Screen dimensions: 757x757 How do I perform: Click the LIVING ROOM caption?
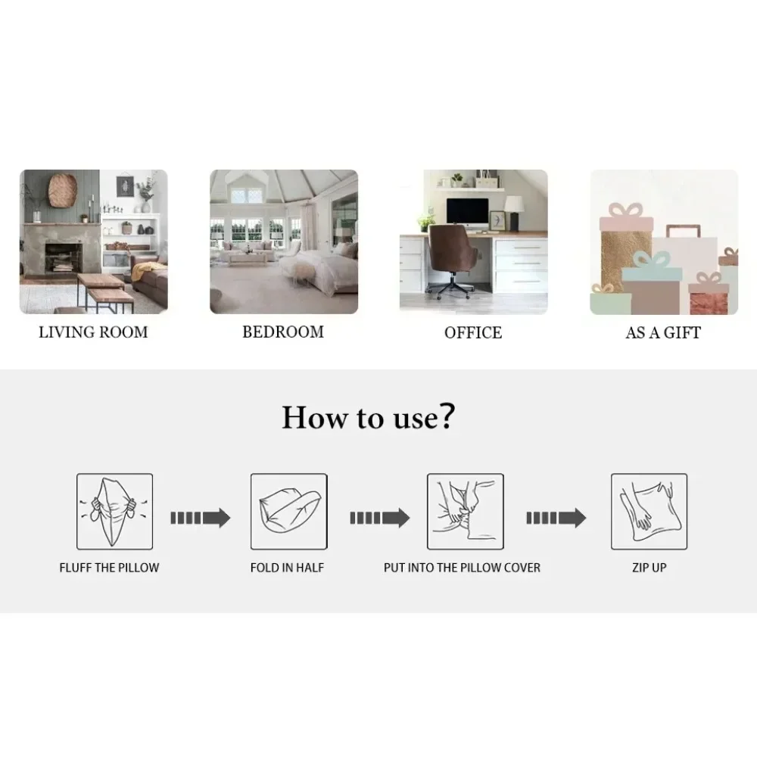(x=93, y=332)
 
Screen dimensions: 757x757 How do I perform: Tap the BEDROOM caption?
(x=283, y=332)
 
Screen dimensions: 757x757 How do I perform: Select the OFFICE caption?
(x=473, y=332)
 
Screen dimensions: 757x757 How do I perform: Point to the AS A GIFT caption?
(x=663, y=332)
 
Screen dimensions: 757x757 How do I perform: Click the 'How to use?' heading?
(x=369, y=417)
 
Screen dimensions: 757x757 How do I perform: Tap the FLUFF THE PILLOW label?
(x=109, y=568)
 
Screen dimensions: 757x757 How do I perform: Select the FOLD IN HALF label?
(x=287, y=568)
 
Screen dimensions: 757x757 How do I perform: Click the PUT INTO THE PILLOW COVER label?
(x=462, y=568)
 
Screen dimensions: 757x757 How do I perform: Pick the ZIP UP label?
(x=650, y=568)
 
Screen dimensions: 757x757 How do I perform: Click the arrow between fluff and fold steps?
(x=201, y=518)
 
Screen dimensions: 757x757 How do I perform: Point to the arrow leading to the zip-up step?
(x=556, y=518)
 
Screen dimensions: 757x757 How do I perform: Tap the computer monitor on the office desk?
(x=467, y=215)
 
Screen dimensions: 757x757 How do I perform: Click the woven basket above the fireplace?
(x=63, y=190)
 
